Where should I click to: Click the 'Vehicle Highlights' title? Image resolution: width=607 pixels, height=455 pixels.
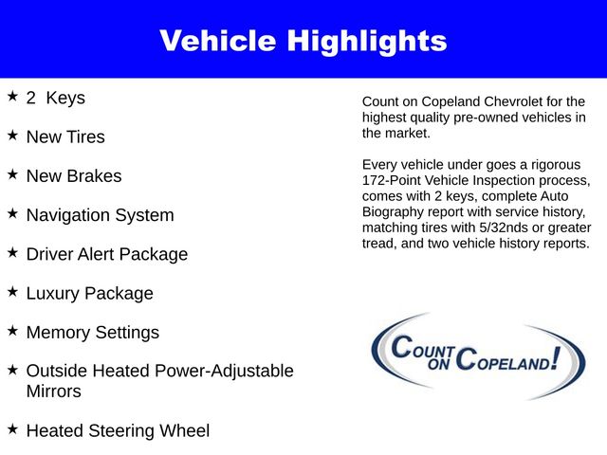[303, 41]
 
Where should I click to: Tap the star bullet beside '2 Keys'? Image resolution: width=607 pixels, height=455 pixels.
[12, 97]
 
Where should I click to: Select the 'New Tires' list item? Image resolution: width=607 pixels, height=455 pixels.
[65, 137]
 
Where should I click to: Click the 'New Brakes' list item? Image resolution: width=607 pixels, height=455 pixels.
[74, 176]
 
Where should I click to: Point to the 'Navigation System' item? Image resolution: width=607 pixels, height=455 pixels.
[100, 215]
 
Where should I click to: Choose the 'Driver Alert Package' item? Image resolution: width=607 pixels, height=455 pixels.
[106, 255]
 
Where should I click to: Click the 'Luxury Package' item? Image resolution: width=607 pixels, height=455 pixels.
[89, 294]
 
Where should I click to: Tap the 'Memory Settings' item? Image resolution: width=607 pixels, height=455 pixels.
[92, 333]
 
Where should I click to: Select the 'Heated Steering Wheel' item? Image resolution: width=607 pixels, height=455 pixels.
[118, 431]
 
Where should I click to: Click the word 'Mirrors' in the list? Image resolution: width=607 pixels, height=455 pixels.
[54, 391]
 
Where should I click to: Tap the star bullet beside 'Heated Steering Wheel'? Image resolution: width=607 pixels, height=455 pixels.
[12, 429]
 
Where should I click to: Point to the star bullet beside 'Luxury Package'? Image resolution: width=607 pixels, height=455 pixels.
[12, 293]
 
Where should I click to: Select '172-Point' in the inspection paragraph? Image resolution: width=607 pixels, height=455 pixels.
[395, 180]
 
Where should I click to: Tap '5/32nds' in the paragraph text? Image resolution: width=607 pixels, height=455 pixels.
[509, 228]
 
